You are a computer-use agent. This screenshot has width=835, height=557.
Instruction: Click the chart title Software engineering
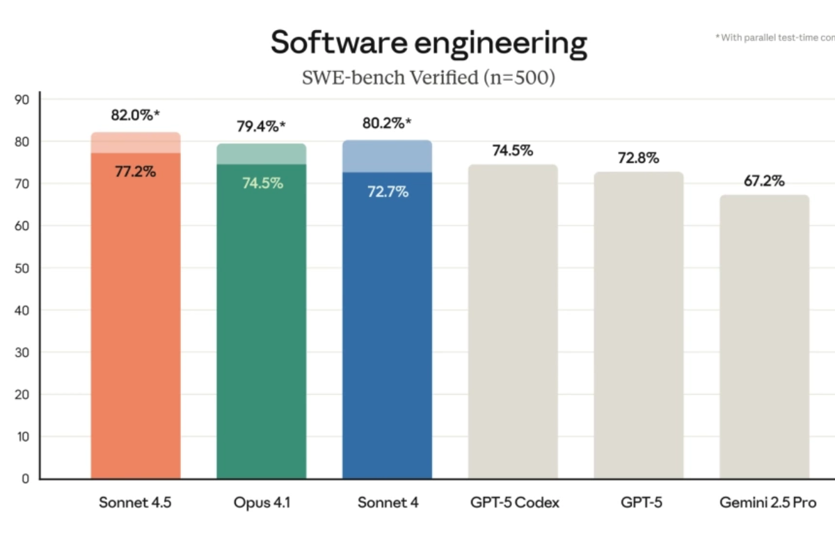point(429,43)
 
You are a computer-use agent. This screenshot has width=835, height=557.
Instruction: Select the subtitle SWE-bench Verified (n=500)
point(429,77)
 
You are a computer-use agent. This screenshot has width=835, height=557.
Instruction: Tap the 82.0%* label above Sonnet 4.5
point(135,116)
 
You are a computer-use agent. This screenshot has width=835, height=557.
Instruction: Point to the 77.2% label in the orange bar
point(135,171)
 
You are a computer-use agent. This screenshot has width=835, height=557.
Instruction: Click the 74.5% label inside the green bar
point(262,183)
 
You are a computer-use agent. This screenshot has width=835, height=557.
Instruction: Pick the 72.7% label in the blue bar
point(388,191)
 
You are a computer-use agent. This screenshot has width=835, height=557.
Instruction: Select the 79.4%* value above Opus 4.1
point(261,127)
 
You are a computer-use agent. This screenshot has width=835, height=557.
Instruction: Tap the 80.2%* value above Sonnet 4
point(387,123)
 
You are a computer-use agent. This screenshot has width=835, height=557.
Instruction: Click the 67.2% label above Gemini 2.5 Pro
point(764,181)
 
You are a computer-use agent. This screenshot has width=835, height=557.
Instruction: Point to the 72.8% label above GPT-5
point(638,158)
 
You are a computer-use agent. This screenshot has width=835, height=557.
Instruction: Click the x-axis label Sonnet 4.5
point(135,503)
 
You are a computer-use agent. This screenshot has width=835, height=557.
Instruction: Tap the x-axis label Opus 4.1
point(262,503)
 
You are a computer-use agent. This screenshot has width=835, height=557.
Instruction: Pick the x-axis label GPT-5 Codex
point(513,503)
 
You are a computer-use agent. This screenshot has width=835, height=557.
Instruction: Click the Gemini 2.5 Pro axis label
point(764,503)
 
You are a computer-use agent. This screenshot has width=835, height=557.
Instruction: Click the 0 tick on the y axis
point(24,479)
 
